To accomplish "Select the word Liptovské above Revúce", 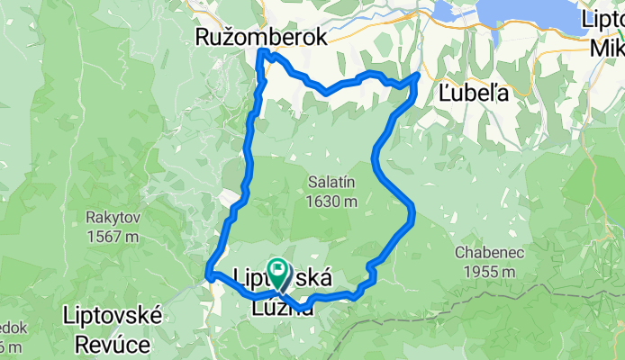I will [112, 316].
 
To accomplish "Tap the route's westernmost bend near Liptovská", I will [209, 272].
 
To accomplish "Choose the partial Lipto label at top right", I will [602, 18].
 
